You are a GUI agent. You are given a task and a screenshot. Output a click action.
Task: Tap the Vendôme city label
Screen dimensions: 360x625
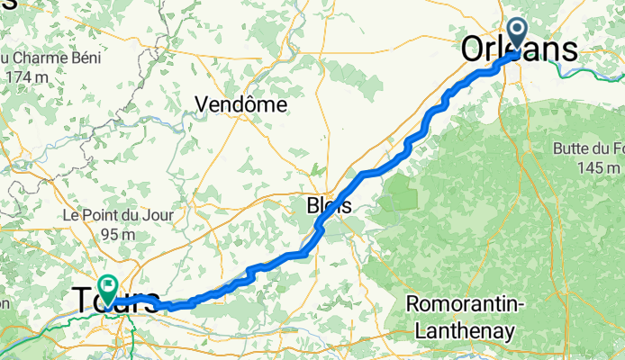[241, 104]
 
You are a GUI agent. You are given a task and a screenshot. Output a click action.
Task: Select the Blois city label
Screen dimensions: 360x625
[329, 206]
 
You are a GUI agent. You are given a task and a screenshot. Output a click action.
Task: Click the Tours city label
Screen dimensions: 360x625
[113, 299]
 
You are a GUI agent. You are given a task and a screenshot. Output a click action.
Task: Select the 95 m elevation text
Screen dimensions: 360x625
[111, 234]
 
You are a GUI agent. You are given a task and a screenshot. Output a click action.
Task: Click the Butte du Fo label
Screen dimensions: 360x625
[584, 148]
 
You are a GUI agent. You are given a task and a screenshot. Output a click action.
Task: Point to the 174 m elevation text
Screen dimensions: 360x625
[27, 77]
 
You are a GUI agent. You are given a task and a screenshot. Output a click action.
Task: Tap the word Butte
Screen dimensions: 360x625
[565, 148]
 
